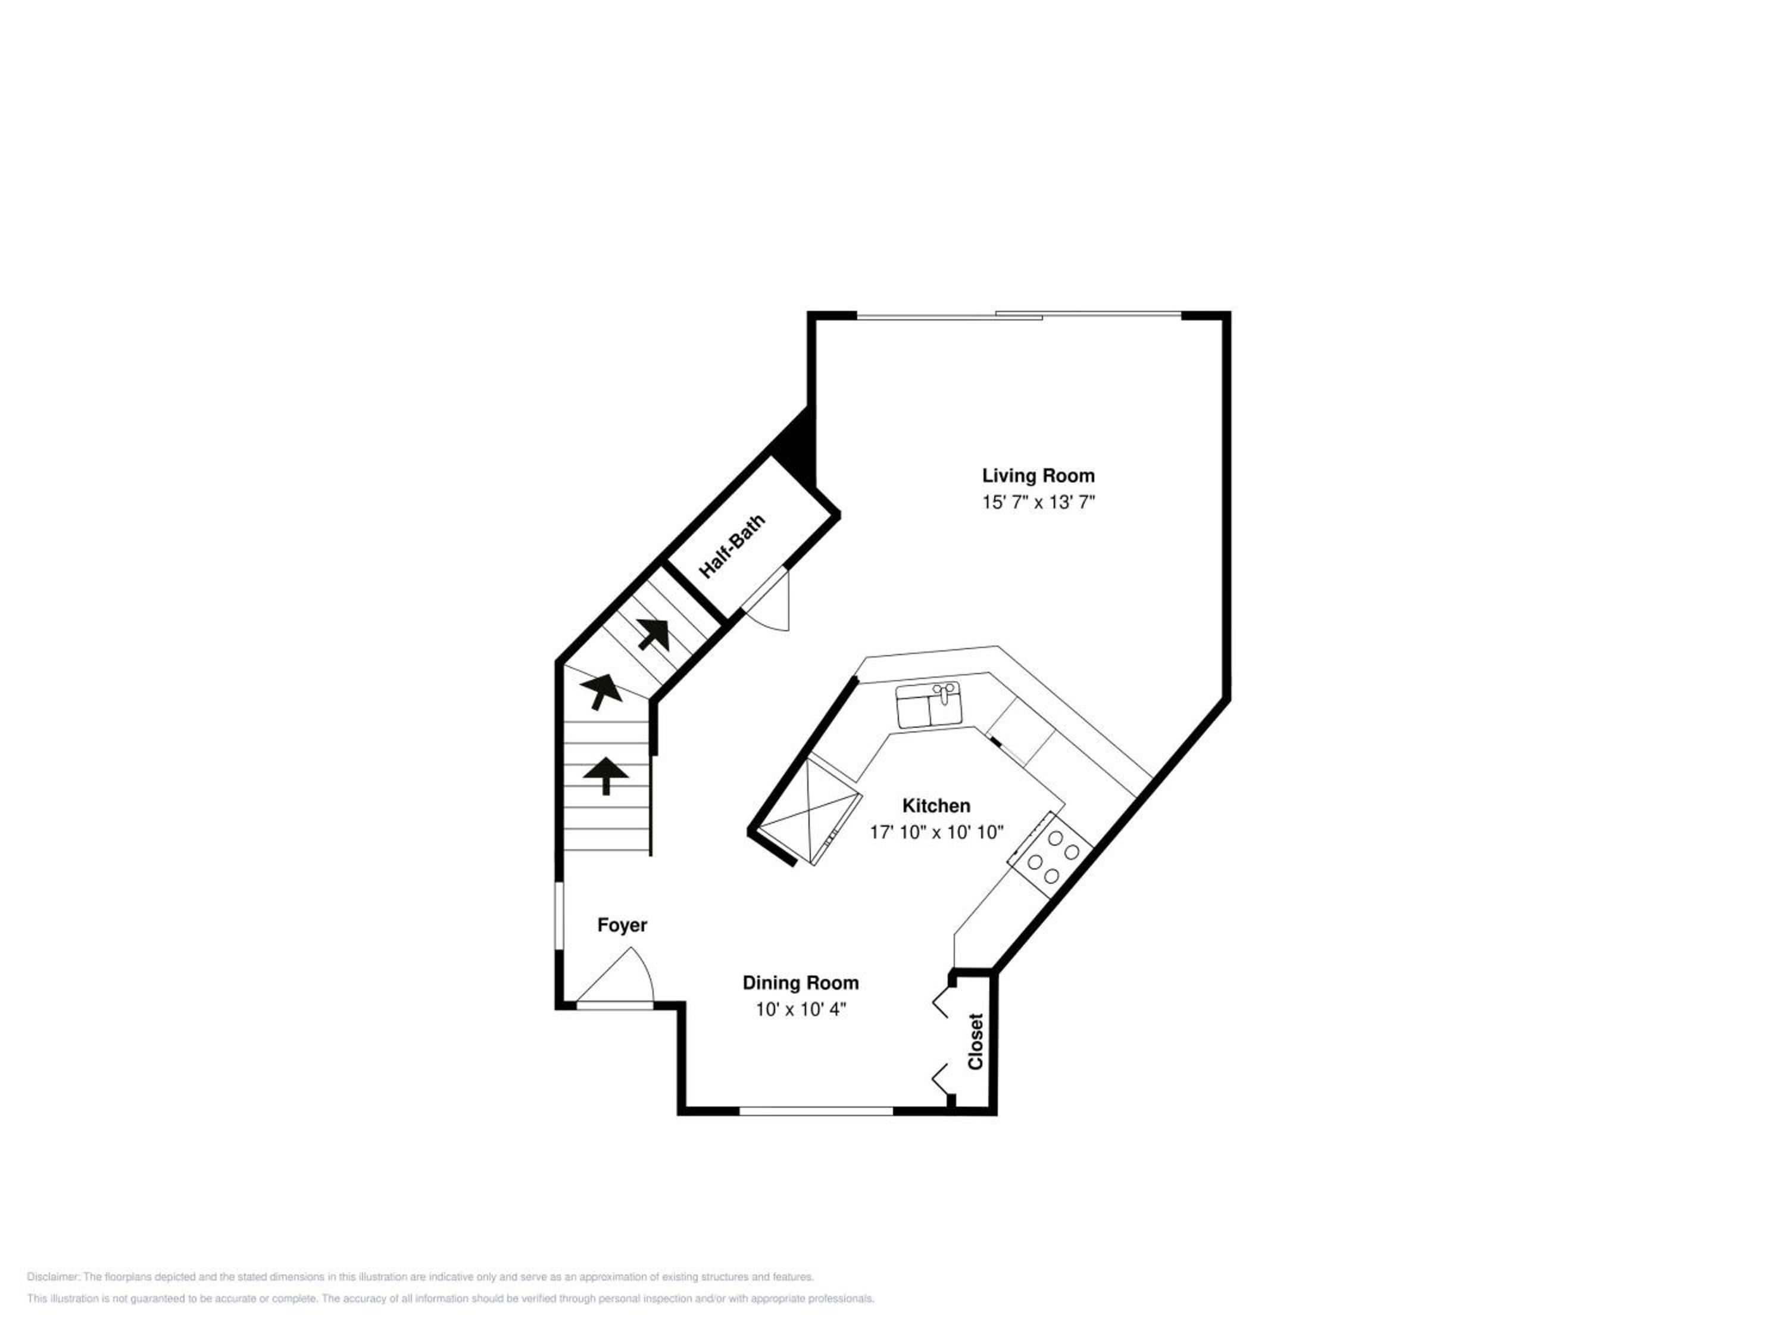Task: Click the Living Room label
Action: (x=1038, y=476)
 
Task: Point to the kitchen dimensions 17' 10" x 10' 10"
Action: (x=936, y=832)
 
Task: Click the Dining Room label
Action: (x=801, y=983)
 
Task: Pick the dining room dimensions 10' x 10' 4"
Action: (x=801, y=1009)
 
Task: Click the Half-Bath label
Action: (x=732, y=547)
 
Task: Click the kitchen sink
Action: (x=929, y=705)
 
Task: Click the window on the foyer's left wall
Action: (x=559, y=916)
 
